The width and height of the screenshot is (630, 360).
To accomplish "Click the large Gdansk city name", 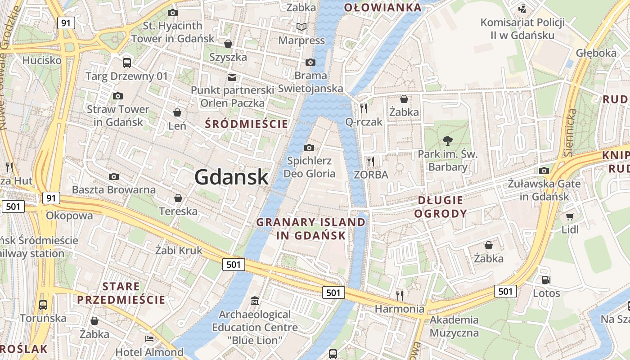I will (231, 177).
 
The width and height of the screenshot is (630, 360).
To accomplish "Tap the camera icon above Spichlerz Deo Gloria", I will (309, 148).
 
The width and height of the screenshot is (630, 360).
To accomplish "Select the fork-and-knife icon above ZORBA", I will (371, 161).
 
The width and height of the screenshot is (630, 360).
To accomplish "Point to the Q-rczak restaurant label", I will (364, 121).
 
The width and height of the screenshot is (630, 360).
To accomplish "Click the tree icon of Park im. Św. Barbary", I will (447, 140).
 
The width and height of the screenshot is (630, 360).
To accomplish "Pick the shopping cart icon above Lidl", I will (570, 216).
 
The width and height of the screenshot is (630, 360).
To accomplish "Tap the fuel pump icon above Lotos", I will (546, 280).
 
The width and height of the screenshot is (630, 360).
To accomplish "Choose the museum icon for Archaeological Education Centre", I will (255, 301).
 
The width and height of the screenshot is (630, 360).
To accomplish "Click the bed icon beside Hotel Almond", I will (149, 338).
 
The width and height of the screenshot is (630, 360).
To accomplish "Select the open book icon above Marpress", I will (301, 27).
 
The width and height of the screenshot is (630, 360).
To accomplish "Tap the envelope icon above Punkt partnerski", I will (232, 77).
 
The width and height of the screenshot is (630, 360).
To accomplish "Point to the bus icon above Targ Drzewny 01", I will (127, 63).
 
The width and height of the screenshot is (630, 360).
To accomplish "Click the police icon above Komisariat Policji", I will (522, 9).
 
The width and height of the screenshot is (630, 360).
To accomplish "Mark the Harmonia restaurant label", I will (400, 309).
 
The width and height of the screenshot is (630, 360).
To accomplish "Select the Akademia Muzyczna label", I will (454, 326).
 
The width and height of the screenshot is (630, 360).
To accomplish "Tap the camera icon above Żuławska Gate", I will (544, 171).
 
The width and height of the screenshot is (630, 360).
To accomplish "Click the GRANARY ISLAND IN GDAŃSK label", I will (310, 229).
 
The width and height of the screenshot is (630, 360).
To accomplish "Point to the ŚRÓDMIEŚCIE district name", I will (246, 124).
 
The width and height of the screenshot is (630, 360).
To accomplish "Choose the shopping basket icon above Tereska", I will (178, 198).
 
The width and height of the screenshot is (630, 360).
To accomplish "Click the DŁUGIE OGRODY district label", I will (440, 207).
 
